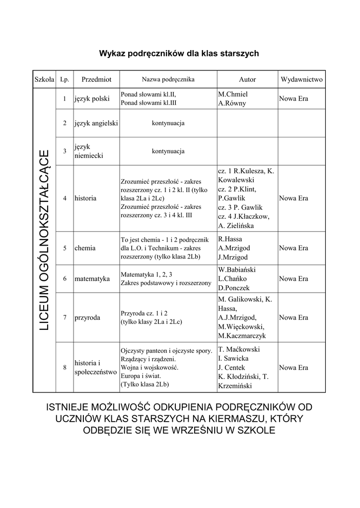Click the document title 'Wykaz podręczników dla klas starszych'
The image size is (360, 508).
coord(179,53)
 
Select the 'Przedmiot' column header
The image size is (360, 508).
coord(96,79)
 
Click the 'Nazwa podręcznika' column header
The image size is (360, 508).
coord(168,79)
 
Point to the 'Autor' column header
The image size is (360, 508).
coord(247,79)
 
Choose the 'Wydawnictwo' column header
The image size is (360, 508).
coord(301,79)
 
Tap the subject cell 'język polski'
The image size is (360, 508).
coord(92,99)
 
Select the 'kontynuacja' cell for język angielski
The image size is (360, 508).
coord(168,123)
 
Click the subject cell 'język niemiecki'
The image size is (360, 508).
coord(89,151)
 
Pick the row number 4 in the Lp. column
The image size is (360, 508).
coord(65,198)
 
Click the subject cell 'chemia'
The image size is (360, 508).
coord(85,248)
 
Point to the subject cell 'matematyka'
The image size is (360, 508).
coord(92,279)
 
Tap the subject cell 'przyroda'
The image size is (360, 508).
coord(87,317)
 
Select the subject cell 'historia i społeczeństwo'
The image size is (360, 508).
coord(95,367)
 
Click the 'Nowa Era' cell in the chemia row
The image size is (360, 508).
coord(293,248)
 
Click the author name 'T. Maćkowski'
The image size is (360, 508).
coord(239,349)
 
